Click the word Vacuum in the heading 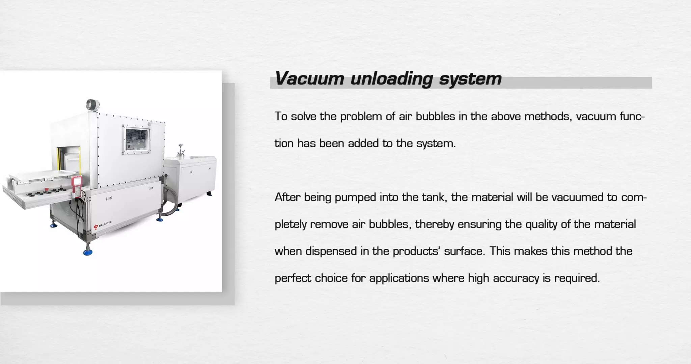[x=309, y=79]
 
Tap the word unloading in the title [x=391, y=79]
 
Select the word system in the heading [x=470, y=79]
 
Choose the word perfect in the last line [x=293, y=278]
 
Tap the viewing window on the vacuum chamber [x=137, y=140]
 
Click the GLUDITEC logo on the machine [x=103, y=225]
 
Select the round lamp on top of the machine [x=92, y=104]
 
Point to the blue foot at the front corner [x=88, y=251]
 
